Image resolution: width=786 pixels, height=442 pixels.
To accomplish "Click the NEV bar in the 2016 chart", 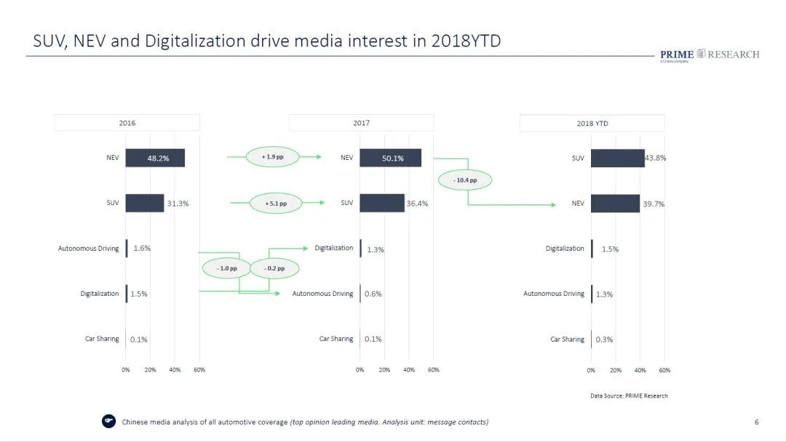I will pyautogui.click(x=154, y=158).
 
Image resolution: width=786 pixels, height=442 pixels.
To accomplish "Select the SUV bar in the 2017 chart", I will pyautogui.click(x=381, y=203).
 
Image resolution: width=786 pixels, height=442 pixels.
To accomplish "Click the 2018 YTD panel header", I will pyautogui.click(x=592, y=124).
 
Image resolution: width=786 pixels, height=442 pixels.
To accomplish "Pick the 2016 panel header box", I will pyautogui.click(x=127, y=123).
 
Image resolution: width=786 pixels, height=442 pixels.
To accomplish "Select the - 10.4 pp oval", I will pyautogui.click(x=464, y=180).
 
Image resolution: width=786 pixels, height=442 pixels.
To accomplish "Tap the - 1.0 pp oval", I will pyautogui.click(x=226, y=268).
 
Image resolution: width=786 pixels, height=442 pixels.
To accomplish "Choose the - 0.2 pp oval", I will pyautogui.click(x=274, y=268).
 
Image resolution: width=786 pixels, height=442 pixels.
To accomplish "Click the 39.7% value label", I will pyautogui.click(x=653, y=204).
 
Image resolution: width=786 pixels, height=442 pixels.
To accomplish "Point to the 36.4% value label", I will pyautogui.click(x=417, y=204).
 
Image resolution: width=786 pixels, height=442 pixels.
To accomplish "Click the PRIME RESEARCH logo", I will pyautogui.click(x=709, y=55).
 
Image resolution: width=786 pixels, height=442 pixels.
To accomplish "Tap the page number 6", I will pyautogui.click(x=757, y=422).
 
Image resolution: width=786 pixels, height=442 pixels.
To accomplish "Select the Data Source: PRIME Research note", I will pyautogui.click(x=629, y=395).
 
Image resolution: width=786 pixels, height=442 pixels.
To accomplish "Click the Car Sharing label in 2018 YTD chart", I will pyautogui.click(x=567, y=339).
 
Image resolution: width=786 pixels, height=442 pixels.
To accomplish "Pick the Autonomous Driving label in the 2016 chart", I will pyautogui.click(x=88, y=249).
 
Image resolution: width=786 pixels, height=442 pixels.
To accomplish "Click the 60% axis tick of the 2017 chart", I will pyautogui.click(x=433, y=370).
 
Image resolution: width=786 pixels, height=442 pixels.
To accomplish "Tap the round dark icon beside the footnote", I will pyautogui.click(x=108, y=422).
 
